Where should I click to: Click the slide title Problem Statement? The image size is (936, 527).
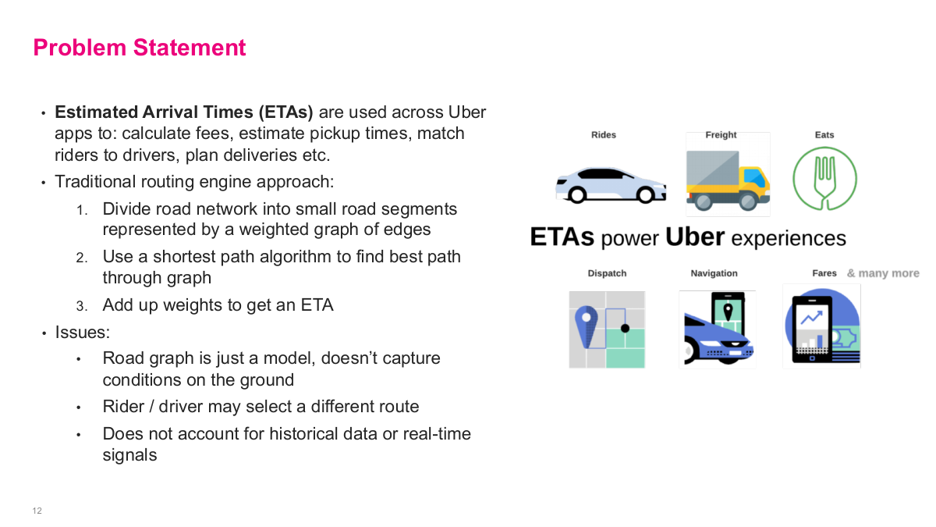coord(140,48)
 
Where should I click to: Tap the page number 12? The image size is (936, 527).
coord(37,511)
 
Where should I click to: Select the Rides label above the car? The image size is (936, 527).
coord(603,135)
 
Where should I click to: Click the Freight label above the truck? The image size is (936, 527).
coord(721,135)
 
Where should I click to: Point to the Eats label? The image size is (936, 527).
coord(824,135)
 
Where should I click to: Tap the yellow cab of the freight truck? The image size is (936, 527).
coord(753,183)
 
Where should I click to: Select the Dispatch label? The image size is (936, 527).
coord(607,273)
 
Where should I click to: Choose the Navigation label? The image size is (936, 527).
coord(714,273)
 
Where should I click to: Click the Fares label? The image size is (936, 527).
coord(824,273)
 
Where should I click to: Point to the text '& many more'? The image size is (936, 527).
coord(883,273)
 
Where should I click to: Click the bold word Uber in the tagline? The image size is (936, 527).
coord(695,237)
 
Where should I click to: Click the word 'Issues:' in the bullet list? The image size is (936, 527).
coord(82,332)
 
